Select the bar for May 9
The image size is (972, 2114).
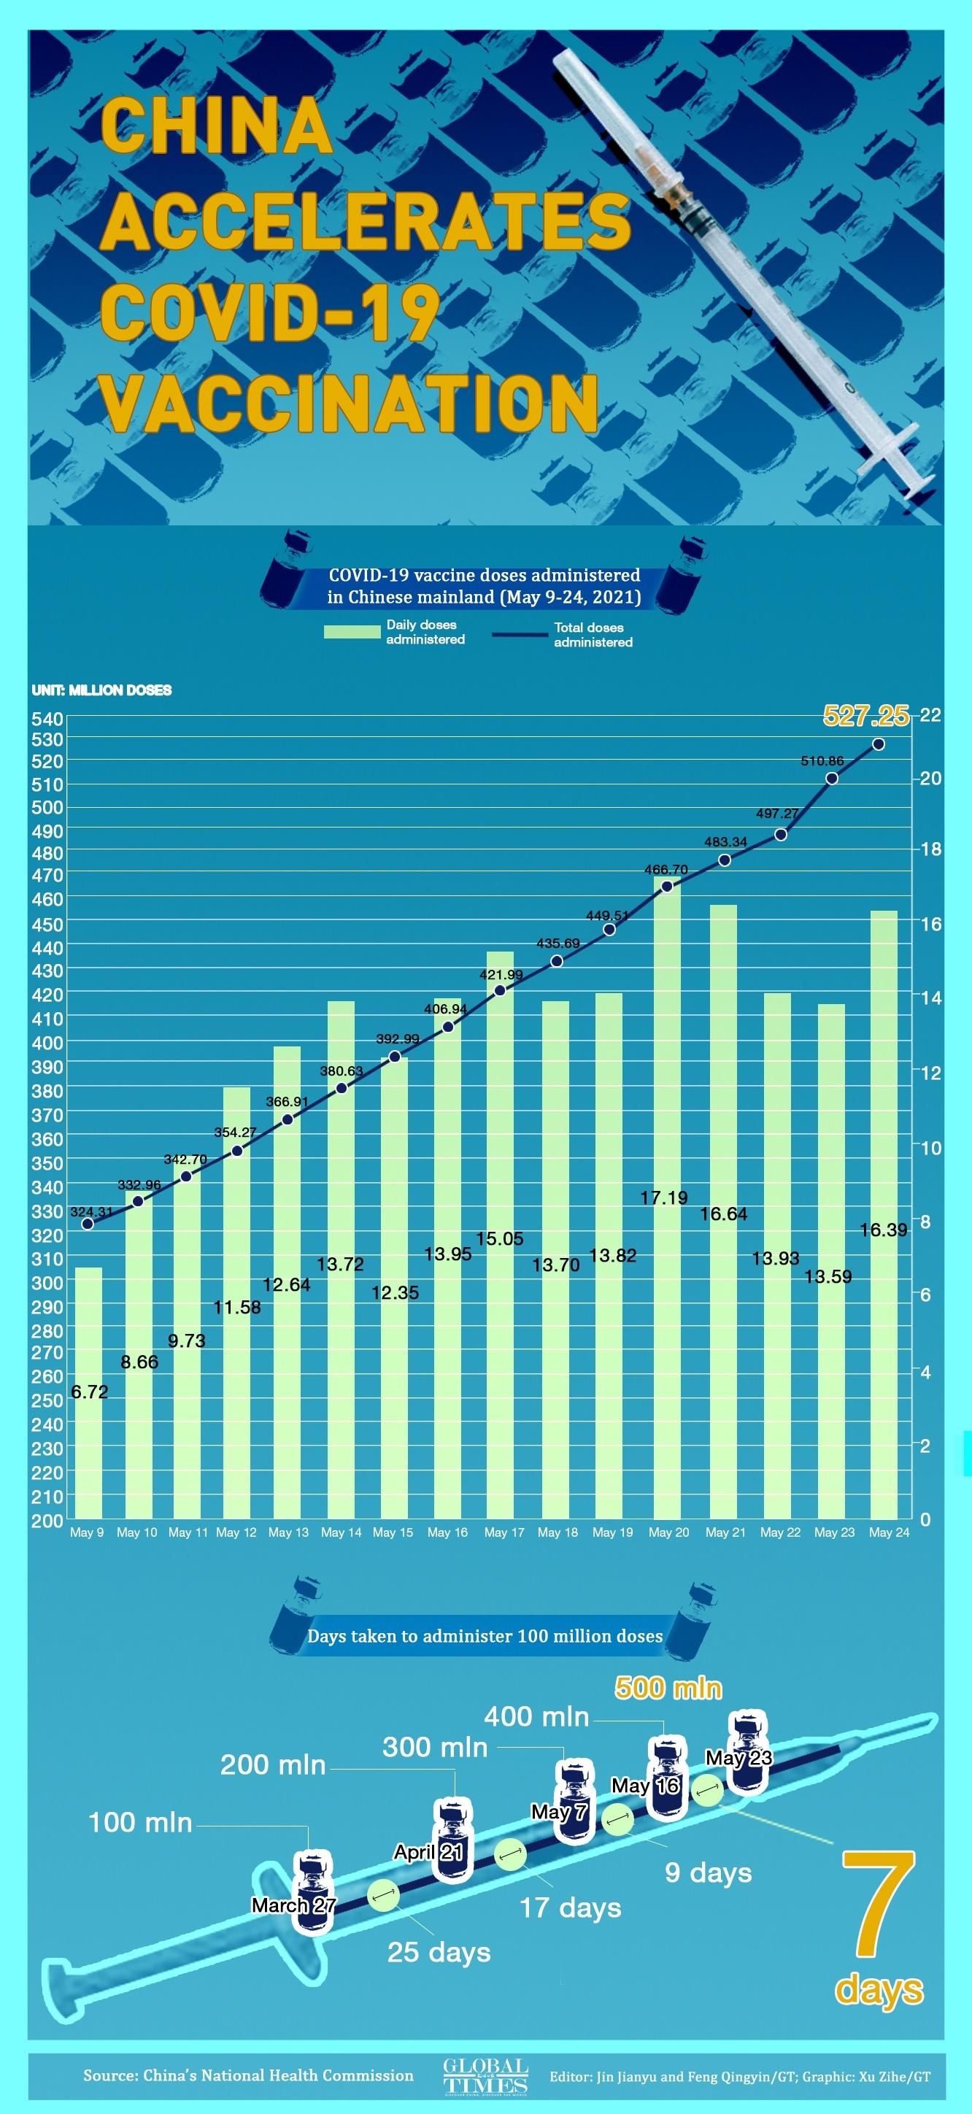click(89, 1395)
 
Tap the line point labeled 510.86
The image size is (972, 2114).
click(832, 779)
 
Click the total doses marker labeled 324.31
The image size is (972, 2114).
click(88, 1224)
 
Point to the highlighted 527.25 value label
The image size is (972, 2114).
click(865, 717)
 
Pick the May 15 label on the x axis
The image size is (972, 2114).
click(393, 1532)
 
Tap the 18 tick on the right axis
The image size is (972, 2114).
click(931, 849)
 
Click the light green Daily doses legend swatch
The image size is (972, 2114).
click(352, 632)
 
